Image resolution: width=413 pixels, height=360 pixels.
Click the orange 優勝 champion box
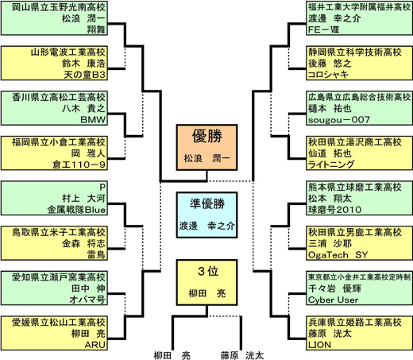coord(206,147)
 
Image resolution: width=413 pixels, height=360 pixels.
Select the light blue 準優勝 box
coord(206,215)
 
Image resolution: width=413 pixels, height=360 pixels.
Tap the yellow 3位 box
coord(206,282)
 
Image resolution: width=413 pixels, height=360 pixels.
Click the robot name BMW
coord(93,120)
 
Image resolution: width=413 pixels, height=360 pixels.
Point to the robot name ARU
coord(95,345)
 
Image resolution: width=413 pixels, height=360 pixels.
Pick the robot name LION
coord(319,345)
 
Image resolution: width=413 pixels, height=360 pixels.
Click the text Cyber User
coord(333,300)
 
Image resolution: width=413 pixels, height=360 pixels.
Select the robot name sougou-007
coord(339,120)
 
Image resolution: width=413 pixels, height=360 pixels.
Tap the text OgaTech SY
coord(338,255)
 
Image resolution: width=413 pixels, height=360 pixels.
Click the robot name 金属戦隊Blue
coord(76,210)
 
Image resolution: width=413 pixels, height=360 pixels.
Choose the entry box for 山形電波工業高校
coord(54,63)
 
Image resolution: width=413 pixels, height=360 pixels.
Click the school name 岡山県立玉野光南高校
coord(59,7)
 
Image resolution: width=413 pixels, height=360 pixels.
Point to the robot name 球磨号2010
coord(334,210)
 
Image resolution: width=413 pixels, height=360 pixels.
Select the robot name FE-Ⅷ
coord(323,29)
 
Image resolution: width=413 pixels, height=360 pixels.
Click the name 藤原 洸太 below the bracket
coord(242,355)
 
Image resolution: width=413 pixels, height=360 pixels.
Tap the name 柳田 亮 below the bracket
coord(172,355)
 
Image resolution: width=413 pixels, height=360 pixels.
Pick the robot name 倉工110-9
coord(79,165)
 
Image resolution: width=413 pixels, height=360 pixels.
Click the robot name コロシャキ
coord(328,75)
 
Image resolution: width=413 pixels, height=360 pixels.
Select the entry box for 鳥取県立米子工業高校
coord(54,243)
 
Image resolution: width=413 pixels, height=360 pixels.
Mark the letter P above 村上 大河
coord(102,188)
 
